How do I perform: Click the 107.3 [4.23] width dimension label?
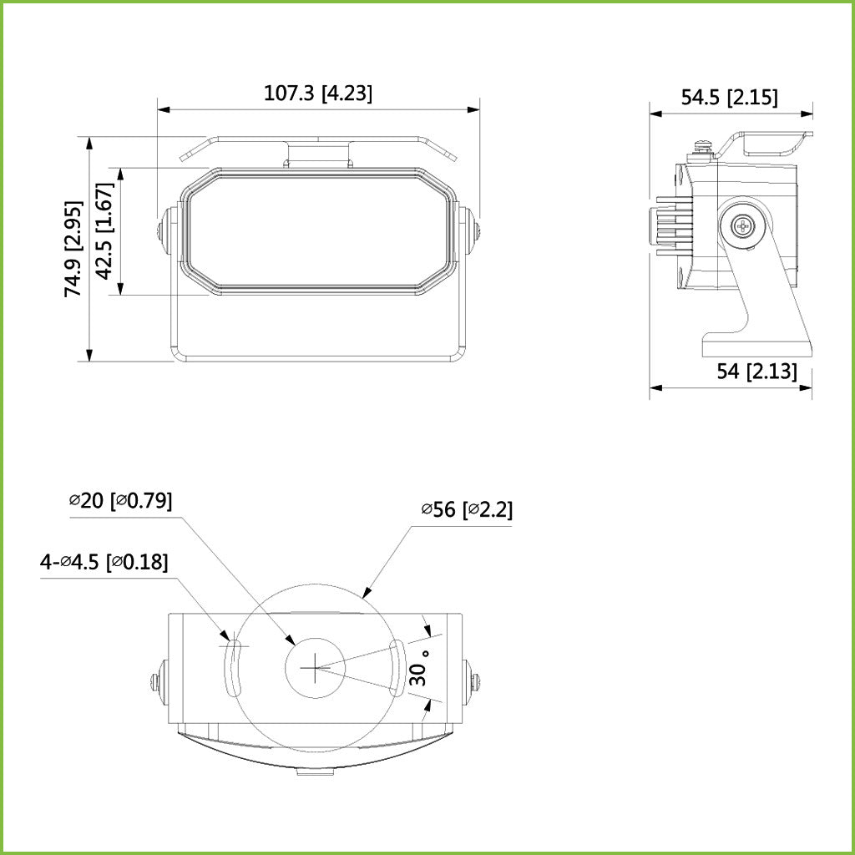(318, 94)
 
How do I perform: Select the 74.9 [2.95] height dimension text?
(74, 249)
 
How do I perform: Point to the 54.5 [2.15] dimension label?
(729, 98)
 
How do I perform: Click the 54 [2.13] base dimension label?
(756, 372)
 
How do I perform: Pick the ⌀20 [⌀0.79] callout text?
(120, 501)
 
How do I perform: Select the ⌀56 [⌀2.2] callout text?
(466, 509)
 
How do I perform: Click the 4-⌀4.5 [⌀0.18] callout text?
(104, 562)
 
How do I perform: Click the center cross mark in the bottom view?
(314, 667)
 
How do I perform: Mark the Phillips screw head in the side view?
(743, 226)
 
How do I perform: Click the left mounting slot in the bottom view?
(234, 668)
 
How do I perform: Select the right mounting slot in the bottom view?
(397, 668)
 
